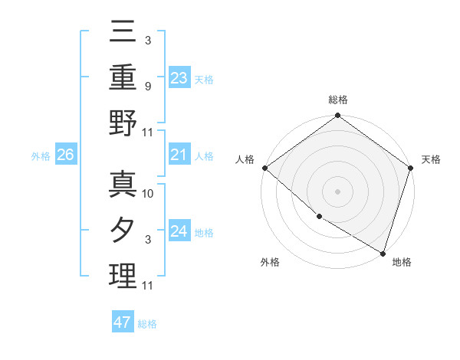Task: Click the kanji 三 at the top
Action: coord(123,32)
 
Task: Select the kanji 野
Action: coord(123,124)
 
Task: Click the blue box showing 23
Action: coord(179,77)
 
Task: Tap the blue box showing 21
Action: coord(179,155)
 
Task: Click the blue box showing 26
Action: coord(66,155)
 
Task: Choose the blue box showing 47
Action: coord(123,322)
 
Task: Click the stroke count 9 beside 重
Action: coord(147,87)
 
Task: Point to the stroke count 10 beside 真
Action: coord(149,194)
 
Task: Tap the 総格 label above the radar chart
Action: coord(338,100)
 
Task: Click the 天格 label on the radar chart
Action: coord(431,159)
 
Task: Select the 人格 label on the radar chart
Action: coord(245,159)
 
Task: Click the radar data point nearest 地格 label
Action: coord(382,252)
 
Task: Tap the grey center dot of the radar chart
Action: coord(338,191)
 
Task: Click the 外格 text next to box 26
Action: coord(41,156)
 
